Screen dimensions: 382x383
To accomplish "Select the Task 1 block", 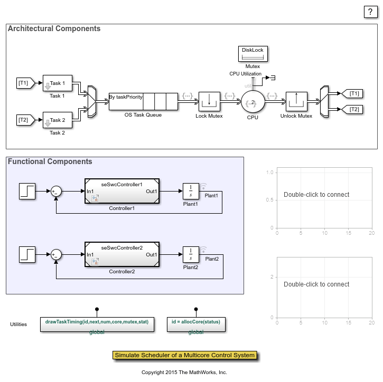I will pos(57,83).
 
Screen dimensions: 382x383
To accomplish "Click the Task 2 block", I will pos(57,120).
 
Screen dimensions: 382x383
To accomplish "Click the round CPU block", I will pos(253,102).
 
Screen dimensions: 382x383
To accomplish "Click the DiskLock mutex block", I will pos(253,54).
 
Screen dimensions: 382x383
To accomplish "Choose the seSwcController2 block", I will pos(122,254).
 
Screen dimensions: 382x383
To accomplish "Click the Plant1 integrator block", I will pos(190,191).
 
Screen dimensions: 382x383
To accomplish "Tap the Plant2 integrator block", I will pos(190,254).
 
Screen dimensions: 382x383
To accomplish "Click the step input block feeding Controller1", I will pos(27,191).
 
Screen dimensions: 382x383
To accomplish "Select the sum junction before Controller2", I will pos(56,255).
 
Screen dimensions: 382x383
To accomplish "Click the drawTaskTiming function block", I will pos(97,324).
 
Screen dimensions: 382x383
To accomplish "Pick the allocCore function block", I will pos(196,324).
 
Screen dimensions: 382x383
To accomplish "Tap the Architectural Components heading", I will pos(54,28).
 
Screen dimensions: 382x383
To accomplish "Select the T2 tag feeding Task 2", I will pos(24,120).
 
